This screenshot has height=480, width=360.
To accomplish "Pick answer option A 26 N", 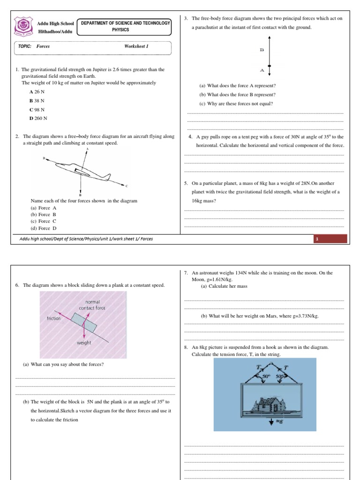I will tap(37, 92).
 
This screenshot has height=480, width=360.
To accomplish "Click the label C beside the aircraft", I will tap(127, 186).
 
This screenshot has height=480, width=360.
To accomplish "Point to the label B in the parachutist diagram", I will tap(262, 50).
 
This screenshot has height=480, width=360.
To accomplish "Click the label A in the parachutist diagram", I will tap(262, 70).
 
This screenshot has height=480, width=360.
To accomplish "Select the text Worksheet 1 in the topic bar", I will tap(136, 46).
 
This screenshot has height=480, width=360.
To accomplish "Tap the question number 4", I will tap(191, 137).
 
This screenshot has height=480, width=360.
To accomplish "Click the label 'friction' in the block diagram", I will tap(54, 318).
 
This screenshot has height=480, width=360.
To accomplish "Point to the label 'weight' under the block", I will tap(84, 343).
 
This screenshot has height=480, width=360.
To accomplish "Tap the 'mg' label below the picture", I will tap(273, 422).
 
